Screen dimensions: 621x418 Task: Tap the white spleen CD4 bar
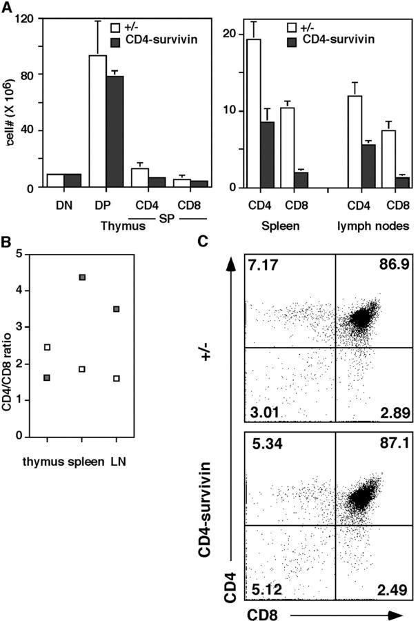tap(254, 114)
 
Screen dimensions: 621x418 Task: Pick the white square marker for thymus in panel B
tap(47, 347)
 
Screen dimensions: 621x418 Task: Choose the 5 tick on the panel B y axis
tap(26, 254)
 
